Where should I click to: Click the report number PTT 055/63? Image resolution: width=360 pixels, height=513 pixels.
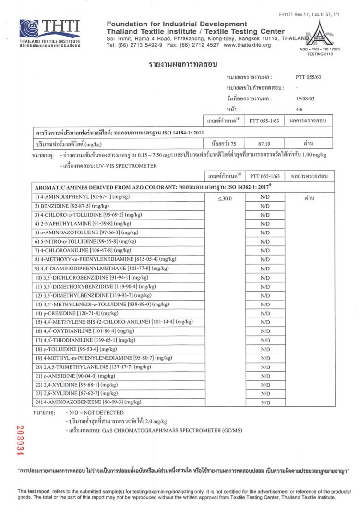tap(306, 77)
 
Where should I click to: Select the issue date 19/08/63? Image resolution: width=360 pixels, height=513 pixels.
tap(306, 98)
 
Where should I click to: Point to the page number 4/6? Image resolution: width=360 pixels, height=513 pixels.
tap(300, 110)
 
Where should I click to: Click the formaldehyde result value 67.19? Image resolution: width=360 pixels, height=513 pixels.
tap(264, 143)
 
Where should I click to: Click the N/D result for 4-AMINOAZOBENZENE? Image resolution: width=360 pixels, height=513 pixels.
tap(264, 403)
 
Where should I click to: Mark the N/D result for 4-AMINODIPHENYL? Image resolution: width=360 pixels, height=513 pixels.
tap(264, 197)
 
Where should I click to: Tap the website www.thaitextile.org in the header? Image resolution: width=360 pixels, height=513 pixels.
tap(247, 45)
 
